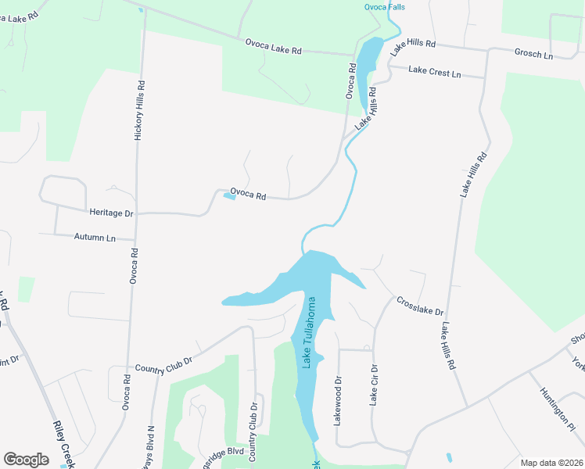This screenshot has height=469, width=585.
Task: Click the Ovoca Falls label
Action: (x=384, y=7)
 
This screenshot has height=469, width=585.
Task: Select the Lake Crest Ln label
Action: (x=435, y=72)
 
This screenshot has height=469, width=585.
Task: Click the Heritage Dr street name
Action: (x=111, y=213)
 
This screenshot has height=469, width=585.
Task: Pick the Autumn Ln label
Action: (x=94, y=236)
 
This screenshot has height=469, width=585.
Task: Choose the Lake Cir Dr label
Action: (x=374, y=385)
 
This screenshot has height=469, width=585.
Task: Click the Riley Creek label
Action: (x=63, y=444)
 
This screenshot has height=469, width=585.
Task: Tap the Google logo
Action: (x=26, y=460)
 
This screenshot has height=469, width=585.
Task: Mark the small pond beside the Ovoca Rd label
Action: (x=229, y=196)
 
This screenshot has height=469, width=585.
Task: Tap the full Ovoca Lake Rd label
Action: (x=273, y=48)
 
